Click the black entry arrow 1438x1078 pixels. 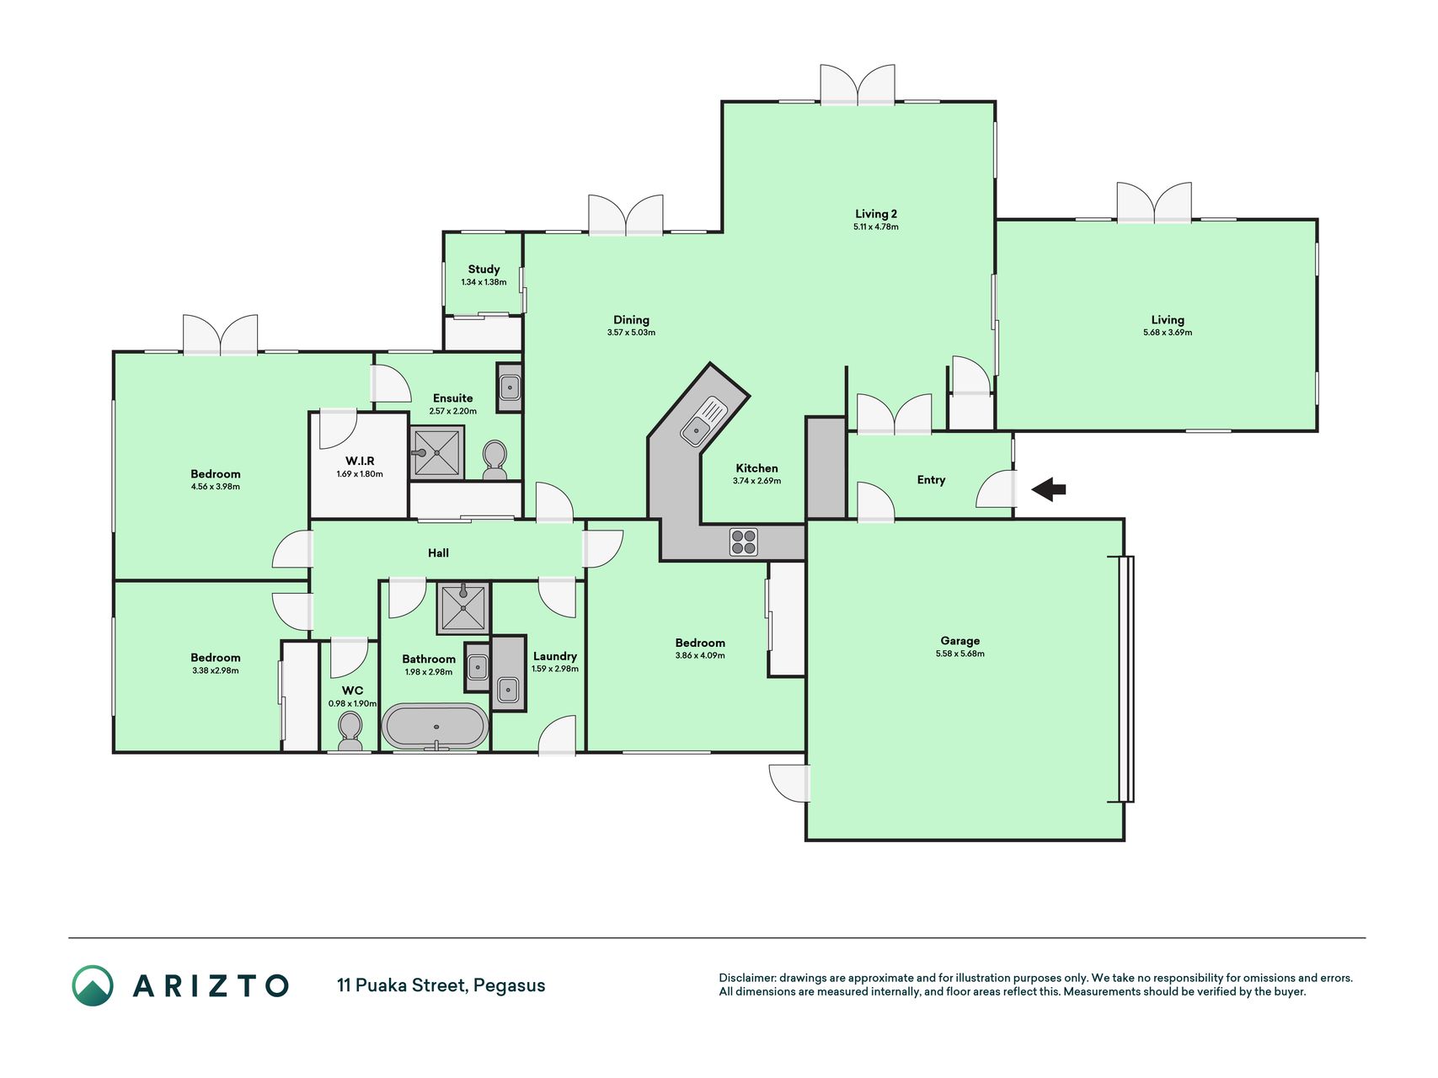point(1049,489)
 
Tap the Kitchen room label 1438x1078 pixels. point(756,468)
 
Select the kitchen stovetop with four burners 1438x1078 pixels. point(744,542)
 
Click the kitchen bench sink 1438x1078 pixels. point(703,421)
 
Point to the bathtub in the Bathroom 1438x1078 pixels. point(435,726)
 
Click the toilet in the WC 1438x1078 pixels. point(349,729)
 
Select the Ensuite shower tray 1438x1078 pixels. point(437,452)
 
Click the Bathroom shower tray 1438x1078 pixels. point(463,608)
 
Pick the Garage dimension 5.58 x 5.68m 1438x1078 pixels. point(960,654)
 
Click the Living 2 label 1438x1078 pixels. point(876,214)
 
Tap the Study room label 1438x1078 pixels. point(484,269)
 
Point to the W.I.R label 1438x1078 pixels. point(360,461)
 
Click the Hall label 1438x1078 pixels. point(438,552)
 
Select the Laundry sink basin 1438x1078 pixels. point(508,690)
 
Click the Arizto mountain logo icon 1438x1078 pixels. point(93,985)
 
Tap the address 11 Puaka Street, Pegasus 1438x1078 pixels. point(441,985)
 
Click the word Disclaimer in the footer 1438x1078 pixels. point(746,978)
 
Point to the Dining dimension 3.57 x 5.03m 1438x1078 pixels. point(631,333)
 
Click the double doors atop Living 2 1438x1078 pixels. point(858,84)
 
